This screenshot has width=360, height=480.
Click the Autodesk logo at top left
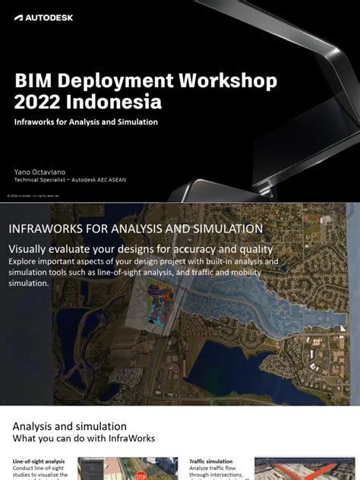point(43,17)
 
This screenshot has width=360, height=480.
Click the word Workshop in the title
point(220,81)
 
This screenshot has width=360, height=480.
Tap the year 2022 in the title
point(39,102)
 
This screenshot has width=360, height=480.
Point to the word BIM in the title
point(33,81)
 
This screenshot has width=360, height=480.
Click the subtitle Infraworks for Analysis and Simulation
point(86,122)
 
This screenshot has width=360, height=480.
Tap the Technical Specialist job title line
point(70,180)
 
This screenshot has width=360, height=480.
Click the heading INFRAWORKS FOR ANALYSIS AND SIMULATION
point(135,229)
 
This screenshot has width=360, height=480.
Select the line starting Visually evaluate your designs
point(141,249)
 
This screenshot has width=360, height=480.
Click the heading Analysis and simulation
point(69,426)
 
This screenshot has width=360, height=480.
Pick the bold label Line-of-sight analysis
point(39,461)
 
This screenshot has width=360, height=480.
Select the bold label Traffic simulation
point(211,461)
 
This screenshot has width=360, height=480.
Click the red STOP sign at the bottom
point(141,476)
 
